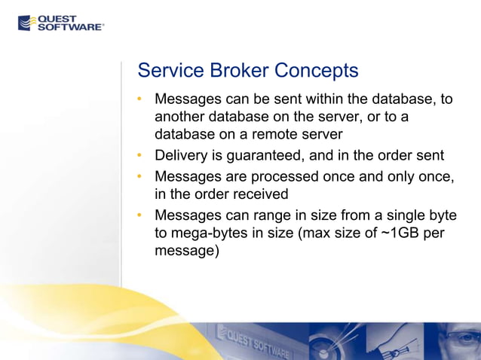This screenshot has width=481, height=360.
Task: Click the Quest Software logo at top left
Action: (61, 23)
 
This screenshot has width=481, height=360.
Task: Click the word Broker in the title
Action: (239, 71)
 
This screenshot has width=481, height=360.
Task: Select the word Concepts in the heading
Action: (316, 71)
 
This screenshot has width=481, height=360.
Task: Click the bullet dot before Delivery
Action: (140, 156)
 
